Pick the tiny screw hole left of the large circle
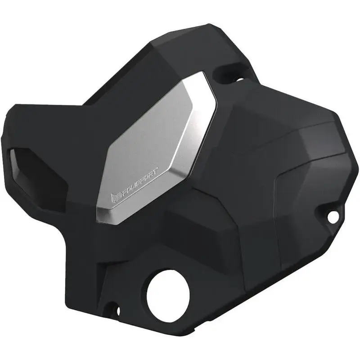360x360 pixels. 118,310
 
